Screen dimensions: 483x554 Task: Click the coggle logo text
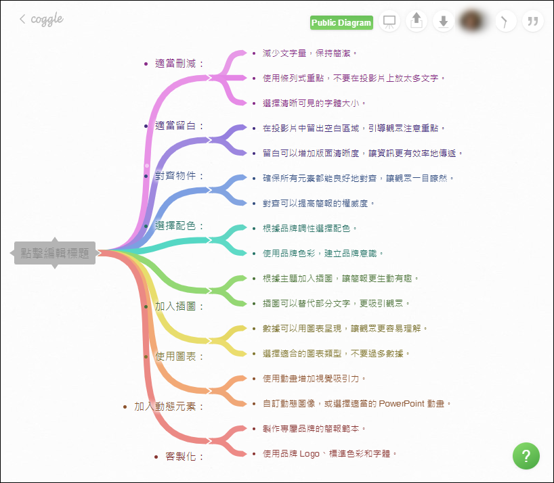[47, 19]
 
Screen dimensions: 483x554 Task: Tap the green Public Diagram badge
[341, 23]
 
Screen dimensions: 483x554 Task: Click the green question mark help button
[526, 455]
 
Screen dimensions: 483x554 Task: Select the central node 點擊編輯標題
[55, 253]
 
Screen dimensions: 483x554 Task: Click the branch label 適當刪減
[179, 64]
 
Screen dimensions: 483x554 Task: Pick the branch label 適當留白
[179, 126]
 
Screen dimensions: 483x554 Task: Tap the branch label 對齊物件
[179, 176]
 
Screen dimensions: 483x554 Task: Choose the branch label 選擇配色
[179, 226]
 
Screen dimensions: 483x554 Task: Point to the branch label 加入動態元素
[169, 407]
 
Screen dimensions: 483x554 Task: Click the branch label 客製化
[184, 457]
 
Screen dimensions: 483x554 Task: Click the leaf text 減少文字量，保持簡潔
[310, 53]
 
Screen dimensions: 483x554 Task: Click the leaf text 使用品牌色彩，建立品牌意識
[323, 253]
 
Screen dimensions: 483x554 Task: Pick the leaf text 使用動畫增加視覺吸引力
[315, 378]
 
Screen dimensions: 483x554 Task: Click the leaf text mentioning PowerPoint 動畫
[356, 404]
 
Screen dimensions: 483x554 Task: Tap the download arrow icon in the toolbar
[443, 22]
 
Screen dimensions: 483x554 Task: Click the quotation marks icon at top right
[533, 22]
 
